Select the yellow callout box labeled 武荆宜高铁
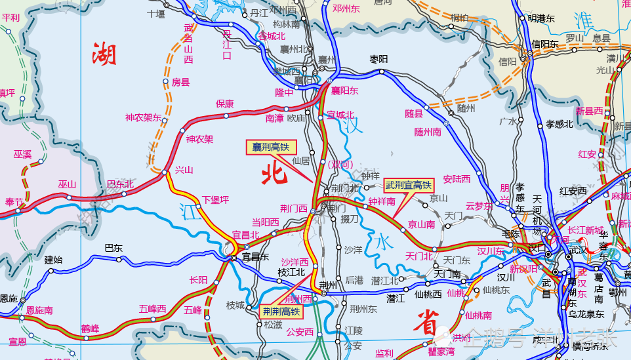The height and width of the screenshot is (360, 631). pos(407,186)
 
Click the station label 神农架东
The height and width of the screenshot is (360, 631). pos(144,118)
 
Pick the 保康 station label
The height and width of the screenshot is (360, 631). pos(225,104)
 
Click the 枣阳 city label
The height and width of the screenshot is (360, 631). pos(378,59)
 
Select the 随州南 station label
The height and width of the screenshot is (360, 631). pos(430,131)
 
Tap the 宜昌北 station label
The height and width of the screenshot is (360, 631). pos(247,234)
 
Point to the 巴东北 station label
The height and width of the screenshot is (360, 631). pos(120,184)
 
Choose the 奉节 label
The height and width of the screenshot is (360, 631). pos(14,202)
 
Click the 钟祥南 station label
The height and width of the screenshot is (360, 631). pos(381,201)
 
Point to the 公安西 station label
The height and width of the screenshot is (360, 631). pos(300,332)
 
